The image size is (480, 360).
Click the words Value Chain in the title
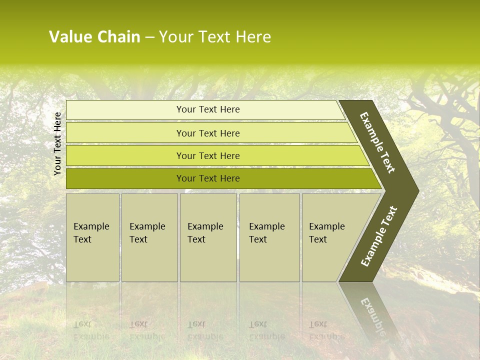click(x=94, y=37)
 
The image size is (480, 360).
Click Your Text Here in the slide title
click(x=215, y=37)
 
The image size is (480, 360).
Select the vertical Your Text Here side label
click(x=57, y=144)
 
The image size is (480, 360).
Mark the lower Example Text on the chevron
click(x=378, y=236)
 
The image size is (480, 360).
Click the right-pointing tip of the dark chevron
click(x=416, y=190)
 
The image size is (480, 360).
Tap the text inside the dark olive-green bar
click(x=208, y=178)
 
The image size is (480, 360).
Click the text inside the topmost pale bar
click(x=208, y=109)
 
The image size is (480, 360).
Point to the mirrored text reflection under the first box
click(x=91, y=330)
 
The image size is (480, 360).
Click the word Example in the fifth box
click(x=327, y=226)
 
